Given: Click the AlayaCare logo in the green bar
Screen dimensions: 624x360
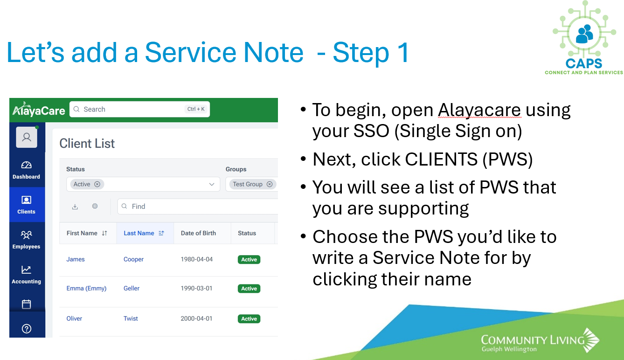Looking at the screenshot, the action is (x=39, y=110).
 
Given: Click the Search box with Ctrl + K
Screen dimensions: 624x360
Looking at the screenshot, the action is (x=139, y=109).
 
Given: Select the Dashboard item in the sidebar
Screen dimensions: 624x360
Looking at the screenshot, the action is (x=27, y=170).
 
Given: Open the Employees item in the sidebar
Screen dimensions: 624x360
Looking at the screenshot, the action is (x=27, y=240).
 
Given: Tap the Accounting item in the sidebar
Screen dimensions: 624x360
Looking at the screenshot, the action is (x=27, y=275).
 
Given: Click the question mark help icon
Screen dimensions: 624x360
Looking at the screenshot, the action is (x=27, y=329).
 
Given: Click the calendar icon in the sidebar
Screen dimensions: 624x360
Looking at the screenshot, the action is (x=27, y=304).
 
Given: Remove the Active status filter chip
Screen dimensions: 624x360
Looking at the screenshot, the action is (x=97, y=184).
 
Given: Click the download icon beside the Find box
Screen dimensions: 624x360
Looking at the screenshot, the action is (x=75, y=207).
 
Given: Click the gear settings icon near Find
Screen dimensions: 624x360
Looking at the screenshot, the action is (x=95, y=206).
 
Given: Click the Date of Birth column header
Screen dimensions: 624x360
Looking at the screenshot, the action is (x=198, y=233).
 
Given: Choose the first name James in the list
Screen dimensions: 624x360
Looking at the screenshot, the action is (x=76, y=259).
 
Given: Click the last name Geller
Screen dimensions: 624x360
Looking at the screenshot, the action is (x=132, y=288).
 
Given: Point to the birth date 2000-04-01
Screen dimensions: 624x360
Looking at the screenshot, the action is (x=196, y=318).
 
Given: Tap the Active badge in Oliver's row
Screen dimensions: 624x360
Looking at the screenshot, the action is (x=249, y=319).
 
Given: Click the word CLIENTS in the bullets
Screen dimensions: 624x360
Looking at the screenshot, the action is (x=441, y=159).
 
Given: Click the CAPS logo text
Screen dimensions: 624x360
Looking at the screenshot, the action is (x=583, y=63).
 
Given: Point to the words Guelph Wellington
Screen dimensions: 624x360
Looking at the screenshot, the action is (x=509, y=349).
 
